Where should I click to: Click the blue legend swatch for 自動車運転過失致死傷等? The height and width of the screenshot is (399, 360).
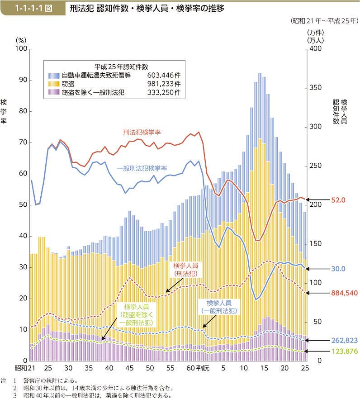[x=54, y=76]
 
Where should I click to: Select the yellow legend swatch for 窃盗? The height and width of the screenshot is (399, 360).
[x=54, y=84]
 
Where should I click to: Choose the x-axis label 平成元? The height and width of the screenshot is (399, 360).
[x=204, y=369]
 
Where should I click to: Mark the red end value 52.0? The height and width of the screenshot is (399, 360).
[x=337, y=199]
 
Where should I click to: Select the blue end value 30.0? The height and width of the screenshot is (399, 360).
[x=337, y=269]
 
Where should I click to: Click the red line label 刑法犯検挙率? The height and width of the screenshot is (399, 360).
[x=142, y=132]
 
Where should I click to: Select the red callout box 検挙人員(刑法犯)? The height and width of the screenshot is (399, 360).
[x=186, y=270]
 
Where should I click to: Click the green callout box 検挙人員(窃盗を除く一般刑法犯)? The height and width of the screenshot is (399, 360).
[x=137, y=315]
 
